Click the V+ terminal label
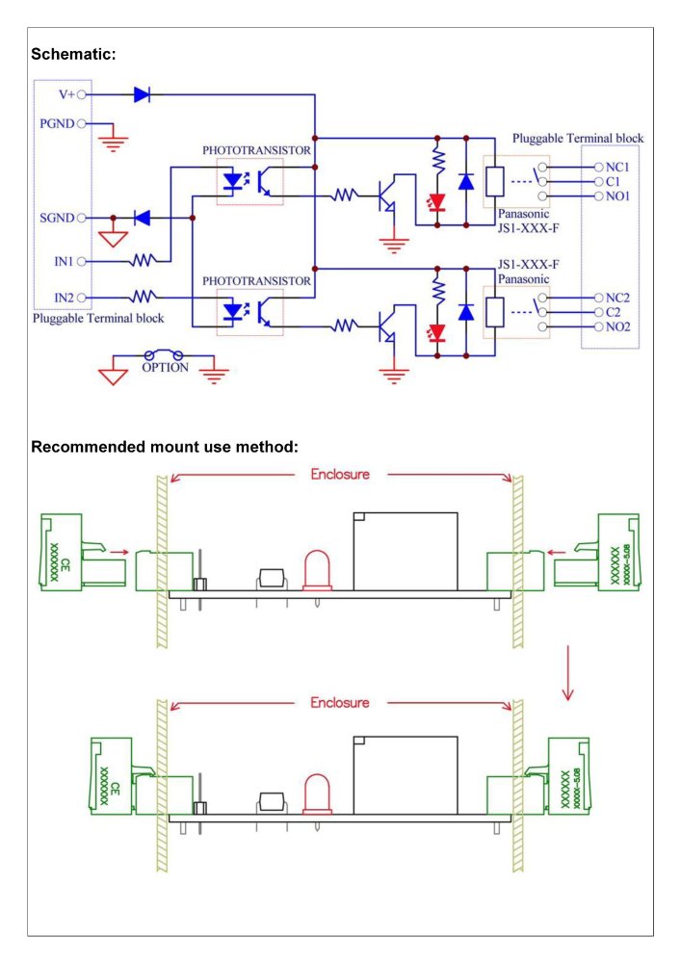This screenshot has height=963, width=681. click(66, 94)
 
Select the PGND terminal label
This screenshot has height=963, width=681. click(58, 123)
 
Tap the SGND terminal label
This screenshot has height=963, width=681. click(58, 218)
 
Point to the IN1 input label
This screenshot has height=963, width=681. click(63, 260)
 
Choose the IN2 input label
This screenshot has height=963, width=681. click(63, 297)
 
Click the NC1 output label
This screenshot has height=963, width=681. click(618, 167)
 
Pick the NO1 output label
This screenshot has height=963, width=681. click(618, 196)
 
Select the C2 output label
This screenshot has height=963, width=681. click(614, 312)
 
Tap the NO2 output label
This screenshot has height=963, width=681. click(618, 327)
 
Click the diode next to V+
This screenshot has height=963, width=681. click(142, 94)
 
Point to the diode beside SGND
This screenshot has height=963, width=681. click(142, 218)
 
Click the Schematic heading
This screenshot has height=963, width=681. click(73, 54)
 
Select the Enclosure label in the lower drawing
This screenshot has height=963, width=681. click(339, 703)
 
